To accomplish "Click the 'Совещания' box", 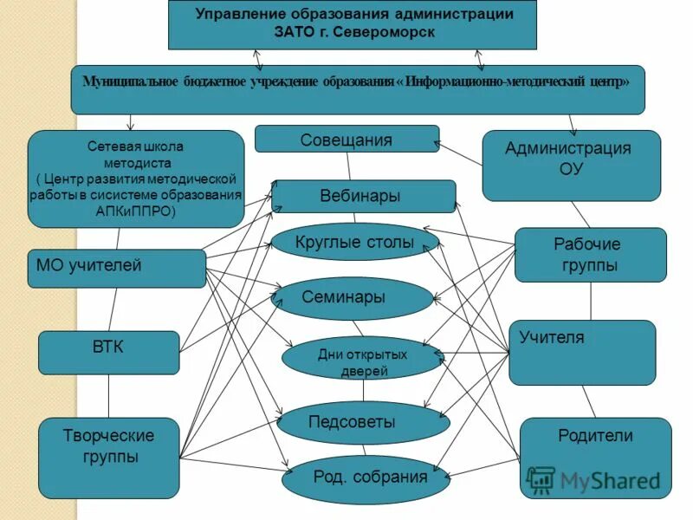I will point(346,140).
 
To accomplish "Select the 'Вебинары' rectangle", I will point(363,197).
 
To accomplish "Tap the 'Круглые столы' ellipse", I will point(354,243).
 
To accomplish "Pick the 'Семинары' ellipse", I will point(351,298).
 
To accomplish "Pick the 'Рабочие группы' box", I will point(590,255).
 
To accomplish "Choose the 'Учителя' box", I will point(581,351).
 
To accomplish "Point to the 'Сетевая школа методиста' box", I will point(136,179).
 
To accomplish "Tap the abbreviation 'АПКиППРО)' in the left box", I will point(135,211).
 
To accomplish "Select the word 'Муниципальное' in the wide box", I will point(130,81).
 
